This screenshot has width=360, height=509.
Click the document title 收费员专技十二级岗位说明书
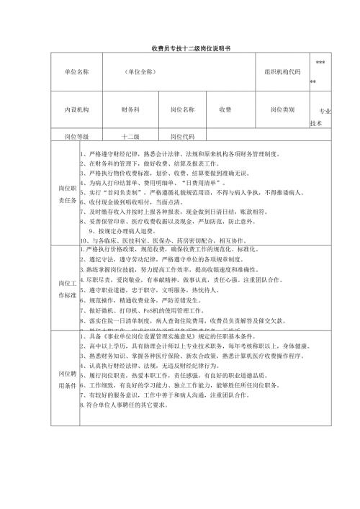180,47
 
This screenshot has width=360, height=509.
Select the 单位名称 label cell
76,71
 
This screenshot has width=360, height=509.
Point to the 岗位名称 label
182,109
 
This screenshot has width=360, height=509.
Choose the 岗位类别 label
282,109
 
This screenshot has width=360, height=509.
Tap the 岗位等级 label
76,135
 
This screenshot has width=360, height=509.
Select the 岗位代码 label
182,135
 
